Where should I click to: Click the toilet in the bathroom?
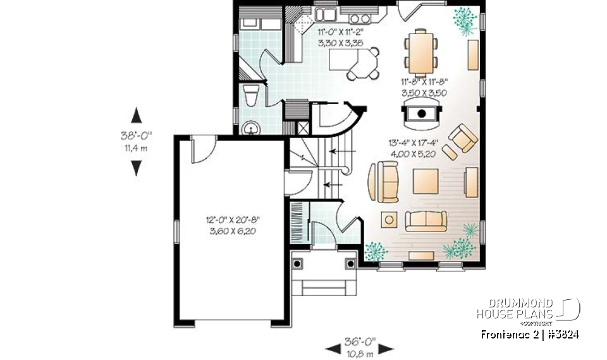(x=251, y=96)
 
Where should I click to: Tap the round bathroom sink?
(x=252, y=129)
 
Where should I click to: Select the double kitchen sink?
(x=327, y=13)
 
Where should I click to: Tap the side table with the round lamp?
(x=388, y=219)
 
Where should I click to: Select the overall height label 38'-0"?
(x=136, y=135)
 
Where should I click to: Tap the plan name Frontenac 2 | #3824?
(x=529, y=334)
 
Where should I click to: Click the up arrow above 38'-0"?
(x=136, y=116)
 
